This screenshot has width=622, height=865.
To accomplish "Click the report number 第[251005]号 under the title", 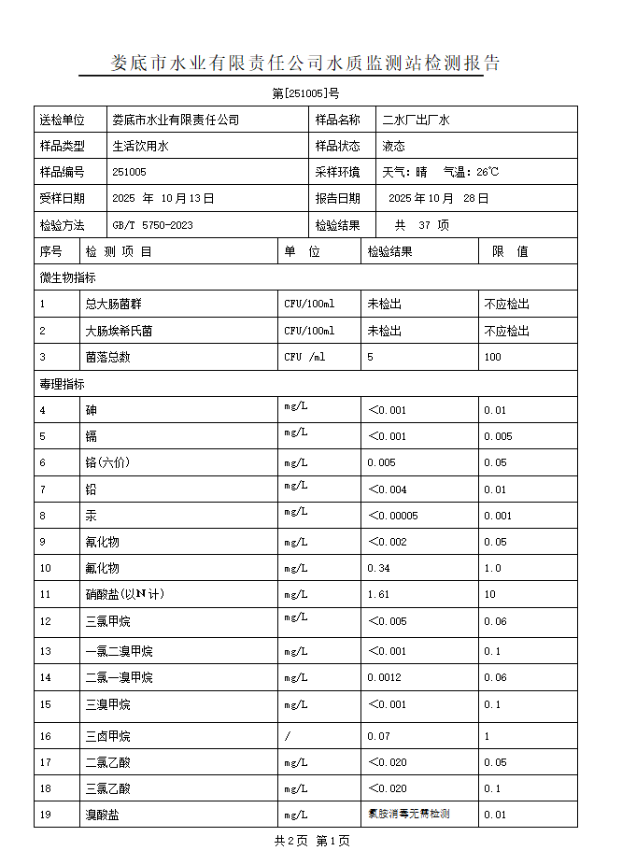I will [305, 93].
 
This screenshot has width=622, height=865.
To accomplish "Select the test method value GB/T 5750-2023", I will [152, 225].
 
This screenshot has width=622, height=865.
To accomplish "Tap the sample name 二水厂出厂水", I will [417, 120].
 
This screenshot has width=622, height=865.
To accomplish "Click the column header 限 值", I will [510, 251].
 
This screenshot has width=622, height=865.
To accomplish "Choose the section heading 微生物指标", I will [67, 277].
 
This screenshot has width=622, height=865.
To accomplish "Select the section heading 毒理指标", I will [62, 384].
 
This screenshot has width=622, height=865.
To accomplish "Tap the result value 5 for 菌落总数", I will [371, 357].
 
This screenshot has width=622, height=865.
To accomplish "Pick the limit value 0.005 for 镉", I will [498, 436].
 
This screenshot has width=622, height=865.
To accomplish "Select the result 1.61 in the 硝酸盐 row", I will [378, 594].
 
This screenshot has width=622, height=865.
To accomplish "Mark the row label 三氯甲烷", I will [107, 621].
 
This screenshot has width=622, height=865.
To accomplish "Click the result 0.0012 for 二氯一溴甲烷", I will [384, 677].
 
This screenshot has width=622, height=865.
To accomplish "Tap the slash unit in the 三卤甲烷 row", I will [288, 736].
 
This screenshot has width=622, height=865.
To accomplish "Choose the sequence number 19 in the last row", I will [46, 815].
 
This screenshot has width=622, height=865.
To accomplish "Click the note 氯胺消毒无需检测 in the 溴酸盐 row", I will [409, 814].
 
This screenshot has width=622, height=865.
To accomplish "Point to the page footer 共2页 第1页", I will [312, 841].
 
